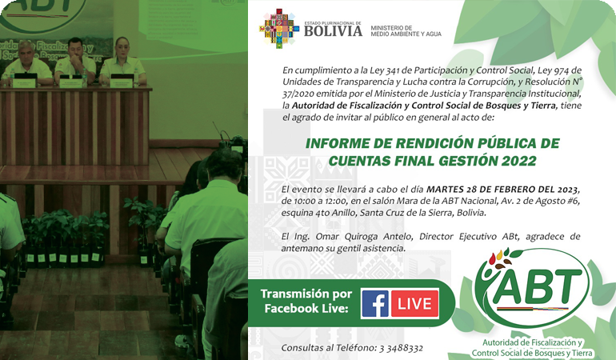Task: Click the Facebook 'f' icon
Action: point(374,303)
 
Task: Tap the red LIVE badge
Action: point(414,303)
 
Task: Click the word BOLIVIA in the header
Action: point(333,31)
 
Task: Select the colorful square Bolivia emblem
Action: point(279,29)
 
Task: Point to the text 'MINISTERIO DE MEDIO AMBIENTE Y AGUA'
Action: point(406,31)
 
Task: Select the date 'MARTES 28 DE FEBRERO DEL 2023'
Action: point(502,190)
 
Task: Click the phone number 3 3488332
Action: point(401,348)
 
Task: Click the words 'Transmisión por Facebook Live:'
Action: point(306,301)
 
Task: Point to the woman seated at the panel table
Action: point(122,62)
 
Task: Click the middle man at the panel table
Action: point(75,61)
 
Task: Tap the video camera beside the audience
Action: point(234,145)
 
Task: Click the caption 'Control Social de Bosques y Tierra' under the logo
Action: point(532,353)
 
